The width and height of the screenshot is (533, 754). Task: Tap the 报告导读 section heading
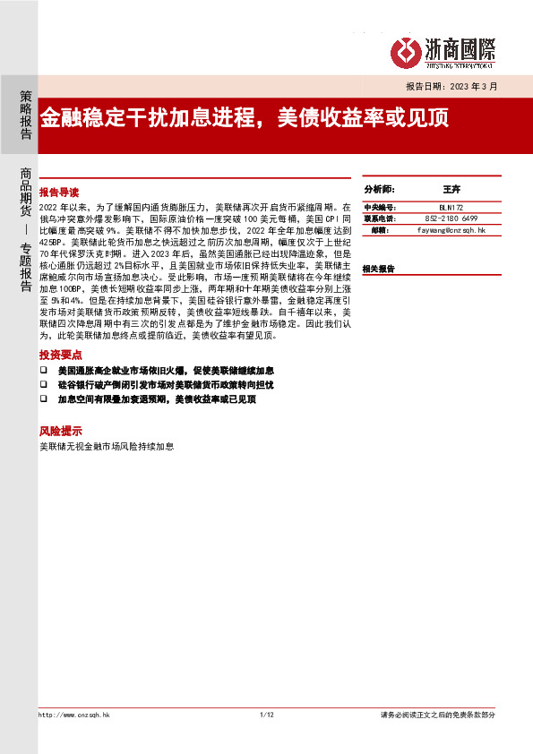click(59, 193)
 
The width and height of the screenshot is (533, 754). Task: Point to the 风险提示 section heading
click(59, 430)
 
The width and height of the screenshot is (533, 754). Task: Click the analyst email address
click(451, 230)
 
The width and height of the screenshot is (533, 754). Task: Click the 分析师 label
click(379, 191)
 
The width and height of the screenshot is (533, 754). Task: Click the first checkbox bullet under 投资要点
click(43, 370)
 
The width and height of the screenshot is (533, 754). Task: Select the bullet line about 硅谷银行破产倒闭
click(165, 384)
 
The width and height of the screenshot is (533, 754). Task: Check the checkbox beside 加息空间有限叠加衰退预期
click(43, 398)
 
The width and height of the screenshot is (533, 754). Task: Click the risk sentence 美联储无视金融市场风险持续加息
click(107, 445)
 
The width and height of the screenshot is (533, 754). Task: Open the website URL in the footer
click(74, 715)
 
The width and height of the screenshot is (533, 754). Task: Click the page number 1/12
click(265, 715)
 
